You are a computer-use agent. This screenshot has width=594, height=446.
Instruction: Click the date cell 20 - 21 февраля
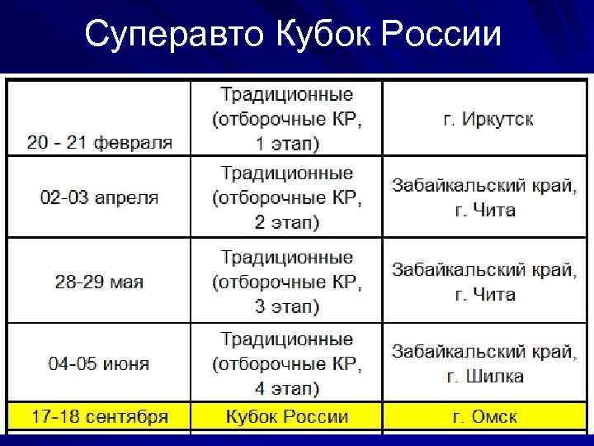tap(100, 141)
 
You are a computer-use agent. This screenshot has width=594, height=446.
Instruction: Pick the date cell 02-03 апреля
tap(100, 198)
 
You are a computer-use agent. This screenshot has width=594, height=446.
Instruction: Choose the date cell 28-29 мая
tap(100, 282)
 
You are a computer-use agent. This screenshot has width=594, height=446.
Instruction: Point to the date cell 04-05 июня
tap(100, 364)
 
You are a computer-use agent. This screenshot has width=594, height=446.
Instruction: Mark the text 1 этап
tap(285, 144)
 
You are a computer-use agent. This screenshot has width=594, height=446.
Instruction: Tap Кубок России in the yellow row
tap(286, 415)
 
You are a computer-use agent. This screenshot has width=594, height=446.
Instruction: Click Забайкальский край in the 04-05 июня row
tap(483, 352)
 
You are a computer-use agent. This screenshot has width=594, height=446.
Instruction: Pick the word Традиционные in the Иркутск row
tap(286, 92)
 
